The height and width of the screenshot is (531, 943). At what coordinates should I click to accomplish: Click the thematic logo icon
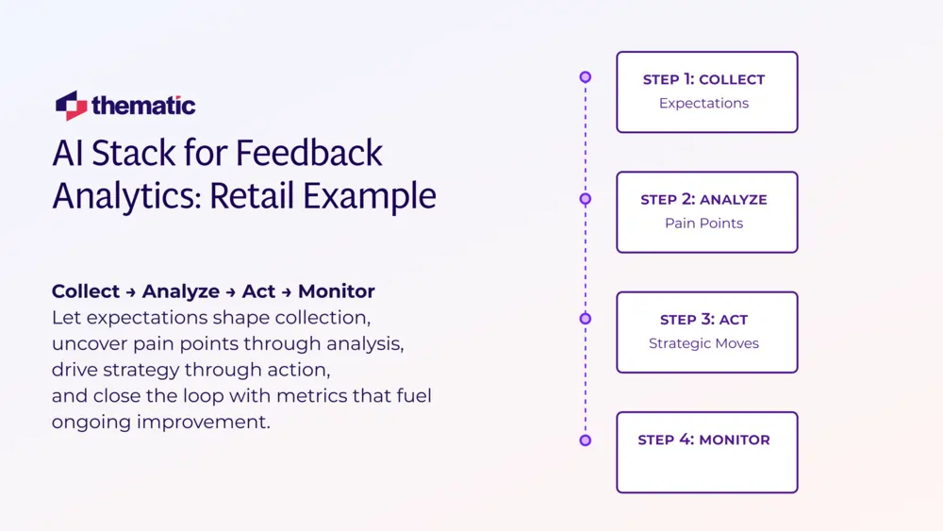(71, 105)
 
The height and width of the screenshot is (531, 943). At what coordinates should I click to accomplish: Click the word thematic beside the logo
(144, 106)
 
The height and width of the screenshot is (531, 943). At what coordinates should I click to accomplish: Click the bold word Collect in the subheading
(86, 291)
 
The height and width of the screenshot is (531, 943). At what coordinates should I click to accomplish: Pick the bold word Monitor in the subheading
(337, 291)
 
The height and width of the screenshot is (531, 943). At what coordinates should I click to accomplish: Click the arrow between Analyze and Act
(230, 292)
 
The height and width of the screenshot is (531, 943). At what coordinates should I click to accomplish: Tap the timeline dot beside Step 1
(586, 77)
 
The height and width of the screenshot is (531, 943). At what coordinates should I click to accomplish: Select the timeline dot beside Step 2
(586, 199)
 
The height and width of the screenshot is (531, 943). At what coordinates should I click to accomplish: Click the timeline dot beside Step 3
(586, 319)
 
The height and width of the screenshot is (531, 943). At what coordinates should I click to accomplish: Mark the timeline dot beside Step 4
(586, 440)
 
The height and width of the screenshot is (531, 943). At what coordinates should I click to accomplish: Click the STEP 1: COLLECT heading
(703, 80)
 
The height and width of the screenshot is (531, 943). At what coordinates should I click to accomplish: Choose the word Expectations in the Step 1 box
(703, 104)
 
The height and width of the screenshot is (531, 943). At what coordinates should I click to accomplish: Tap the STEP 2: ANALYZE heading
(703, 200)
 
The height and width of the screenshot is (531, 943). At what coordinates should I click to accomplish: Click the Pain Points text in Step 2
(703, 224)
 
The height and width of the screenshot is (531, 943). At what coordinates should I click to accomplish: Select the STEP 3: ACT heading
(703, 320)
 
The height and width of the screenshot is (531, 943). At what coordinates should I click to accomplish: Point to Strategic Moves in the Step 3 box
(703, 343)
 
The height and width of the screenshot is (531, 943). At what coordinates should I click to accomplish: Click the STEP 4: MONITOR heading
(703, 440)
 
